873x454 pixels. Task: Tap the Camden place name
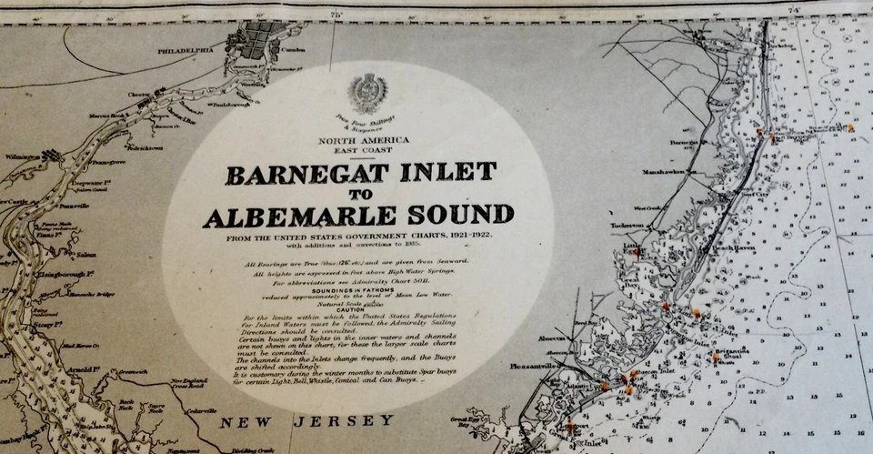(x=294, y=50)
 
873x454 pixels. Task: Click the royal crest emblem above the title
(x=367, y=93)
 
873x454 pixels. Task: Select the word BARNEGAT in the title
(x=297, y=173)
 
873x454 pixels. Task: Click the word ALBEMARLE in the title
(x=299, y=217)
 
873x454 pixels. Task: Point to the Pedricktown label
(x=145, y=147)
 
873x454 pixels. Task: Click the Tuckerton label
(x=627, y=225)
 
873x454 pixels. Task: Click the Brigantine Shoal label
(x=732, y=353)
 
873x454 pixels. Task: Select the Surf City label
(x=755, y=193)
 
